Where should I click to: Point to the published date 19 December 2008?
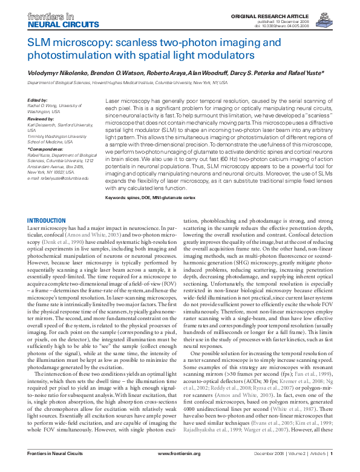click(310, 21)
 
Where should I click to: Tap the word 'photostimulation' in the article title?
click(63, 54)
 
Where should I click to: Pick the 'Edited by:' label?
click(38, 100)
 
